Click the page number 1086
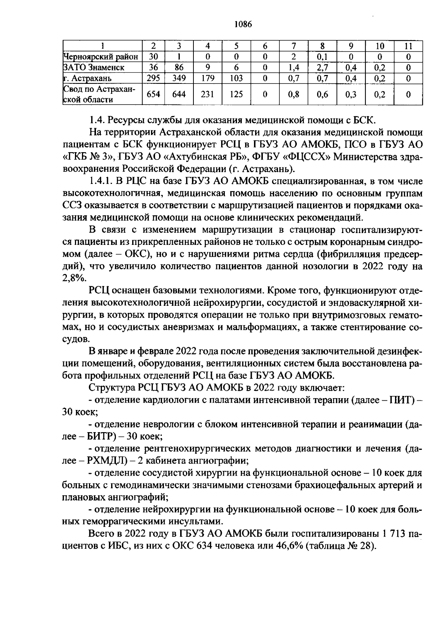(x=243, y=24)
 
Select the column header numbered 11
(x=408, y=46)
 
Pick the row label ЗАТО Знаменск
(x=94, y=67)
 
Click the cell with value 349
(x=179, y=78)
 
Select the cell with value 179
(x=207, y=78)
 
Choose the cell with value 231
(x=207, y=94)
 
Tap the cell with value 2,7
(x=322, y=67)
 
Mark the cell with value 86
(x=179, y=67)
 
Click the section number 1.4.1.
(x=100, y=181)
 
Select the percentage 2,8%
(x=73, y=279)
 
